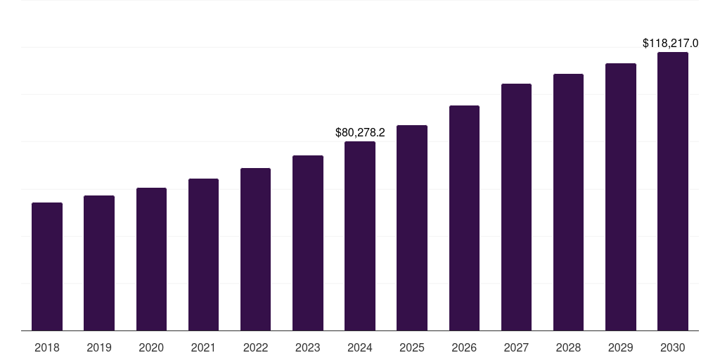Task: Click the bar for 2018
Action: pos(47,266)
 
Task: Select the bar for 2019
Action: pos(99,263)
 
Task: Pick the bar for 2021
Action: pos(203,255)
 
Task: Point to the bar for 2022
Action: pos(255,249)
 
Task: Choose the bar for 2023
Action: pos(308,243)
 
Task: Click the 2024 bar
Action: pos(360,236)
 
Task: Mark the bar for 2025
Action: pos(412,228)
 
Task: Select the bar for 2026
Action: pos(464,218)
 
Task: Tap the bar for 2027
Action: pos(516,207)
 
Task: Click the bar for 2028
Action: pos(568,202)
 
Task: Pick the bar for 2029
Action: pos(621,197)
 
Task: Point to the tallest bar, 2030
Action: pos(673,191)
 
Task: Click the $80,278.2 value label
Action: pos(360,132)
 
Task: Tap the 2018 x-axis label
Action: pos(47,347)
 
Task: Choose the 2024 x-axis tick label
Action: pos(360,347)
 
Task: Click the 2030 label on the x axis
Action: pos(673,347)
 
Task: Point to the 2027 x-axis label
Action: pos(516,347)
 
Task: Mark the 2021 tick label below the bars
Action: pos(203,347)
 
